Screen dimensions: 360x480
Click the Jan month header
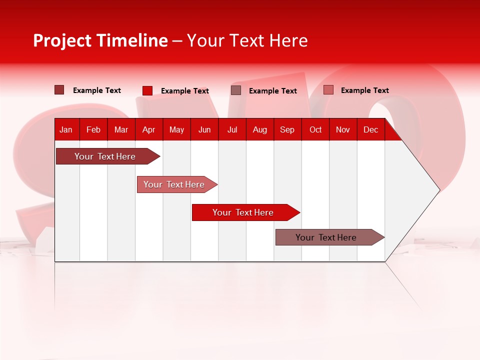66,129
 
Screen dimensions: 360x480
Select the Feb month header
93,129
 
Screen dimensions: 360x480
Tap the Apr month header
149,129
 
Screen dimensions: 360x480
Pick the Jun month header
204,129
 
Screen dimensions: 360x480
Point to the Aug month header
260,129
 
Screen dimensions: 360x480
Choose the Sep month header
287,129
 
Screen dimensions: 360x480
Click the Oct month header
315,129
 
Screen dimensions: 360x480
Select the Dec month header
371,129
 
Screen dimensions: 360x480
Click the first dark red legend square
59,90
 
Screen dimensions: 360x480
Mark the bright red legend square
147,90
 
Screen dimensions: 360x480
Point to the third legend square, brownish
236,90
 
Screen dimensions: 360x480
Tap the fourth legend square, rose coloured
328,90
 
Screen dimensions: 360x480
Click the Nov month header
343,129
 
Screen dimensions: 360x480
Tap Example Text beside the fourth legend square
364,90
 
